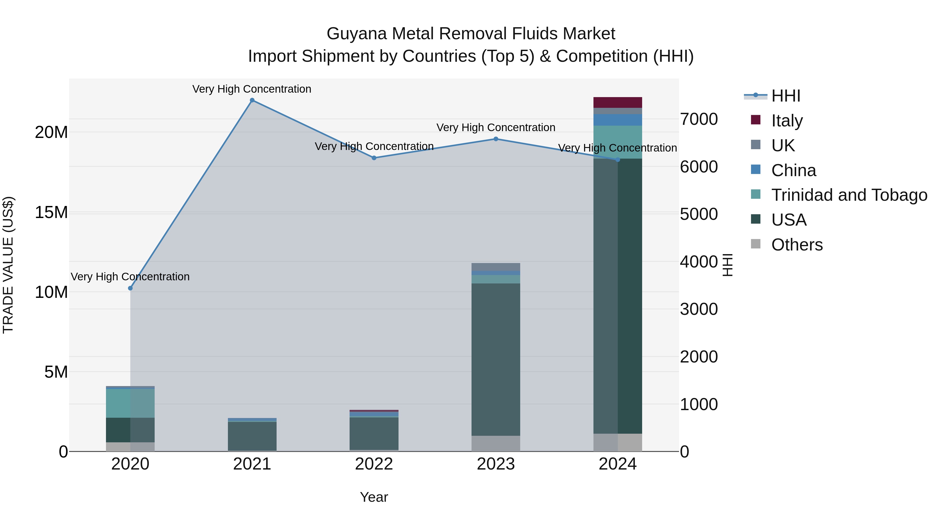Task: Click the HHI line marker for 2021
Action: point(252,100)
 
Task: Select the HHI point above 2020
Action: point(130,288)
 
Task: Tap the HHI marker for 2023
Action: point(496,139)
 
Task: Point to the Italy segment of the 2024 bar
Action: point(618,102)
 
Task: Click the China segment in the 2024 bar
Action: point(618,120)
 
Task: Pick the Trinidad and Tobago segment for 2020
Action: point(130,403)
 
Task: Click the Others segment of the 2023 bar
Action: point(496,443)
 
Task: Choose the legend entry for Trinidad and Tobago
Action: point(849,195)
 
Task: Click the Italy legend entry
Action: point(787,121)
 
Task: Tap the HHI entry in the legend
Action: point(786,96)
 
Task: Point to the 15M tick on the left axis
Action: point(51,213)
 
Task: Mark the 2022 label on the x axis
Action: point(374,464)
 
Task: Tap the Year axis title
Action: point(374,497)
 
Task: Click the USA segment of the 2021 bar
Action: point(252,436)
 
